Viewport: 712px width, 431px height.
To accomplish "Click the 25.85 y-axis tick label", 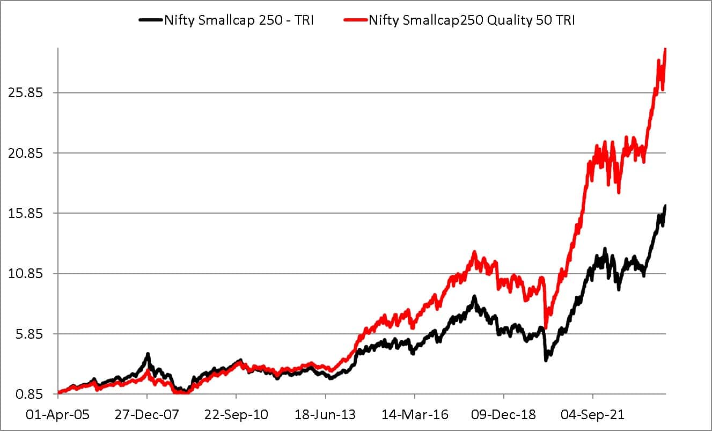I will (x=25, y=93).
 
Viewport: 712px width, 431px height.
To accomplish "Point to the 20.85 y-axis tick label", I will (x=25, y=153).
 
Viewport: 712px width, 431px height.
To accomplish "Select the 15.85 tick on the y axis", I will (x=25, y=213).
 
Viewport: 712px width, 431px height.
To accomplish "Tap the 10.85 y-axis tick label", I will (x=25, y=274).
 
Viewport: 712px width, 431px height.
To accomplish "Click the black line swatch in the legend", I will (x=150, y=20).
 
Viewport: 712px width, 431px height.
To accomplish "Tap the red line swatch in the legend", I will (x=355, y=20).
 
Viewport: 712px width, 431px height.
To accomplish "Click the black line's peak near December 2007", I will (x=148, y=354).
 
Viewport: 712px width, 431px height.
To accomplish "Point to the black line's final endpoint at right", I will (x=665, y=206).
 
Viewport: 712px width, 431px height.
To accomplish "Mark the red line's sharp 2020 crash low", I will (x=546, y=326).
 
